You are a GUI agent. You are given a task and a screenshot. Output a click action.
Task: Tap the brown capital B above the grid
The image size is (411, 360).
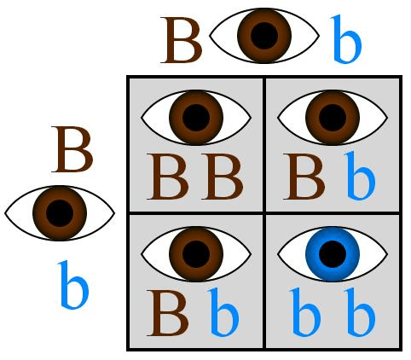[x=181, y=40]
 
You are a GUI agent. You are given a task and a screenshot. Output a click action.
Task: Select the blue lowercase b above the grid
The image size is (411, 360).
[x=347, y=39]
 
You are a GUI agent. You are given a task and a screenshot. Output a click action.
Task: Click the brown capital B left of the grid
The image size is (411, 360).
[x=72, y=149]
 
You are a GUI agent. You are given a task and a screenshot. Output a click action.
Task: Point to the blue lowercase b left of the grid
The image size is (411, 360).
[x=73, y=285]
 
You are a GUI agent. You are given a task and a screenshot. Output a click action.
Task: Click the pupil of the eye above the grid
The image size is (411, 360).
[x=264, y=36]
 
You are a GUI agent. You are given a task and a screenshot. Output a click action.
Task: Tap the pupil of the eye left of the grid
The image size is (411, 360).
[x=60, y=213]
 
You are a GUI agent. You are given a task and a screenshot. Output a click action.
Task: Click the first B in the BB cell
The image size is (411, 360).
[x=168, y=177]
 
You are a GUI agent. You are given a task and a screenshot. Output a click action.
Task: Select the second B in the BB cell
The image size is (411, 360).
[x=223, y=177]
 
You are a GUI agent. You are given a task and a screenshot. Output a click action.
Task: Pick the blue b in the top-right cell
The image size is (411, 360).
[x=360, y=176]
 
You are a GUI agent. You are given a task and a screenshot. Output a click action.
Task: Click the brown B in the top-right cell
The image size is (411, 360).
[x=304, y=177]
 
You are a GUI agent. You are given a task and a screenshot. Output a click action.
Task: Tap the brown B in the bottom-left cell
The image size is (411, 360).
[x=168, y=313]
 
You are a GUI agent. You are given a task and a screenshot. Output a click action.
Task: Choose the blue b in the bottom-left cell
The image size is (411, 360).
[x=223, y=312]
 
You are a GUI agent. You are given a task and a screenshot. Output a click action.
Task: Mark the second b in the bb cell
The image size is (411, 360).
[x=360, y=312]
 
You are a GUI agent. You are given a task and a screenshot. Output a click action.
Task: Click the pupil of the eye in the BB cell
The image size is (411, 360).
[x=196, y=118]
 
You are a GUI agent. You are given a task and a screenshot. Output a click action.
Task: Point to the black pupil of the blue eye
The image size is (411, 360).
[x=333, y=254]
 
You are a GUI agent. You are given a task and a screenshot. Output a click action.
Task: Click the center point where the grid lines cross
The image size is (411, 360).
[x=264, y=213]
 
